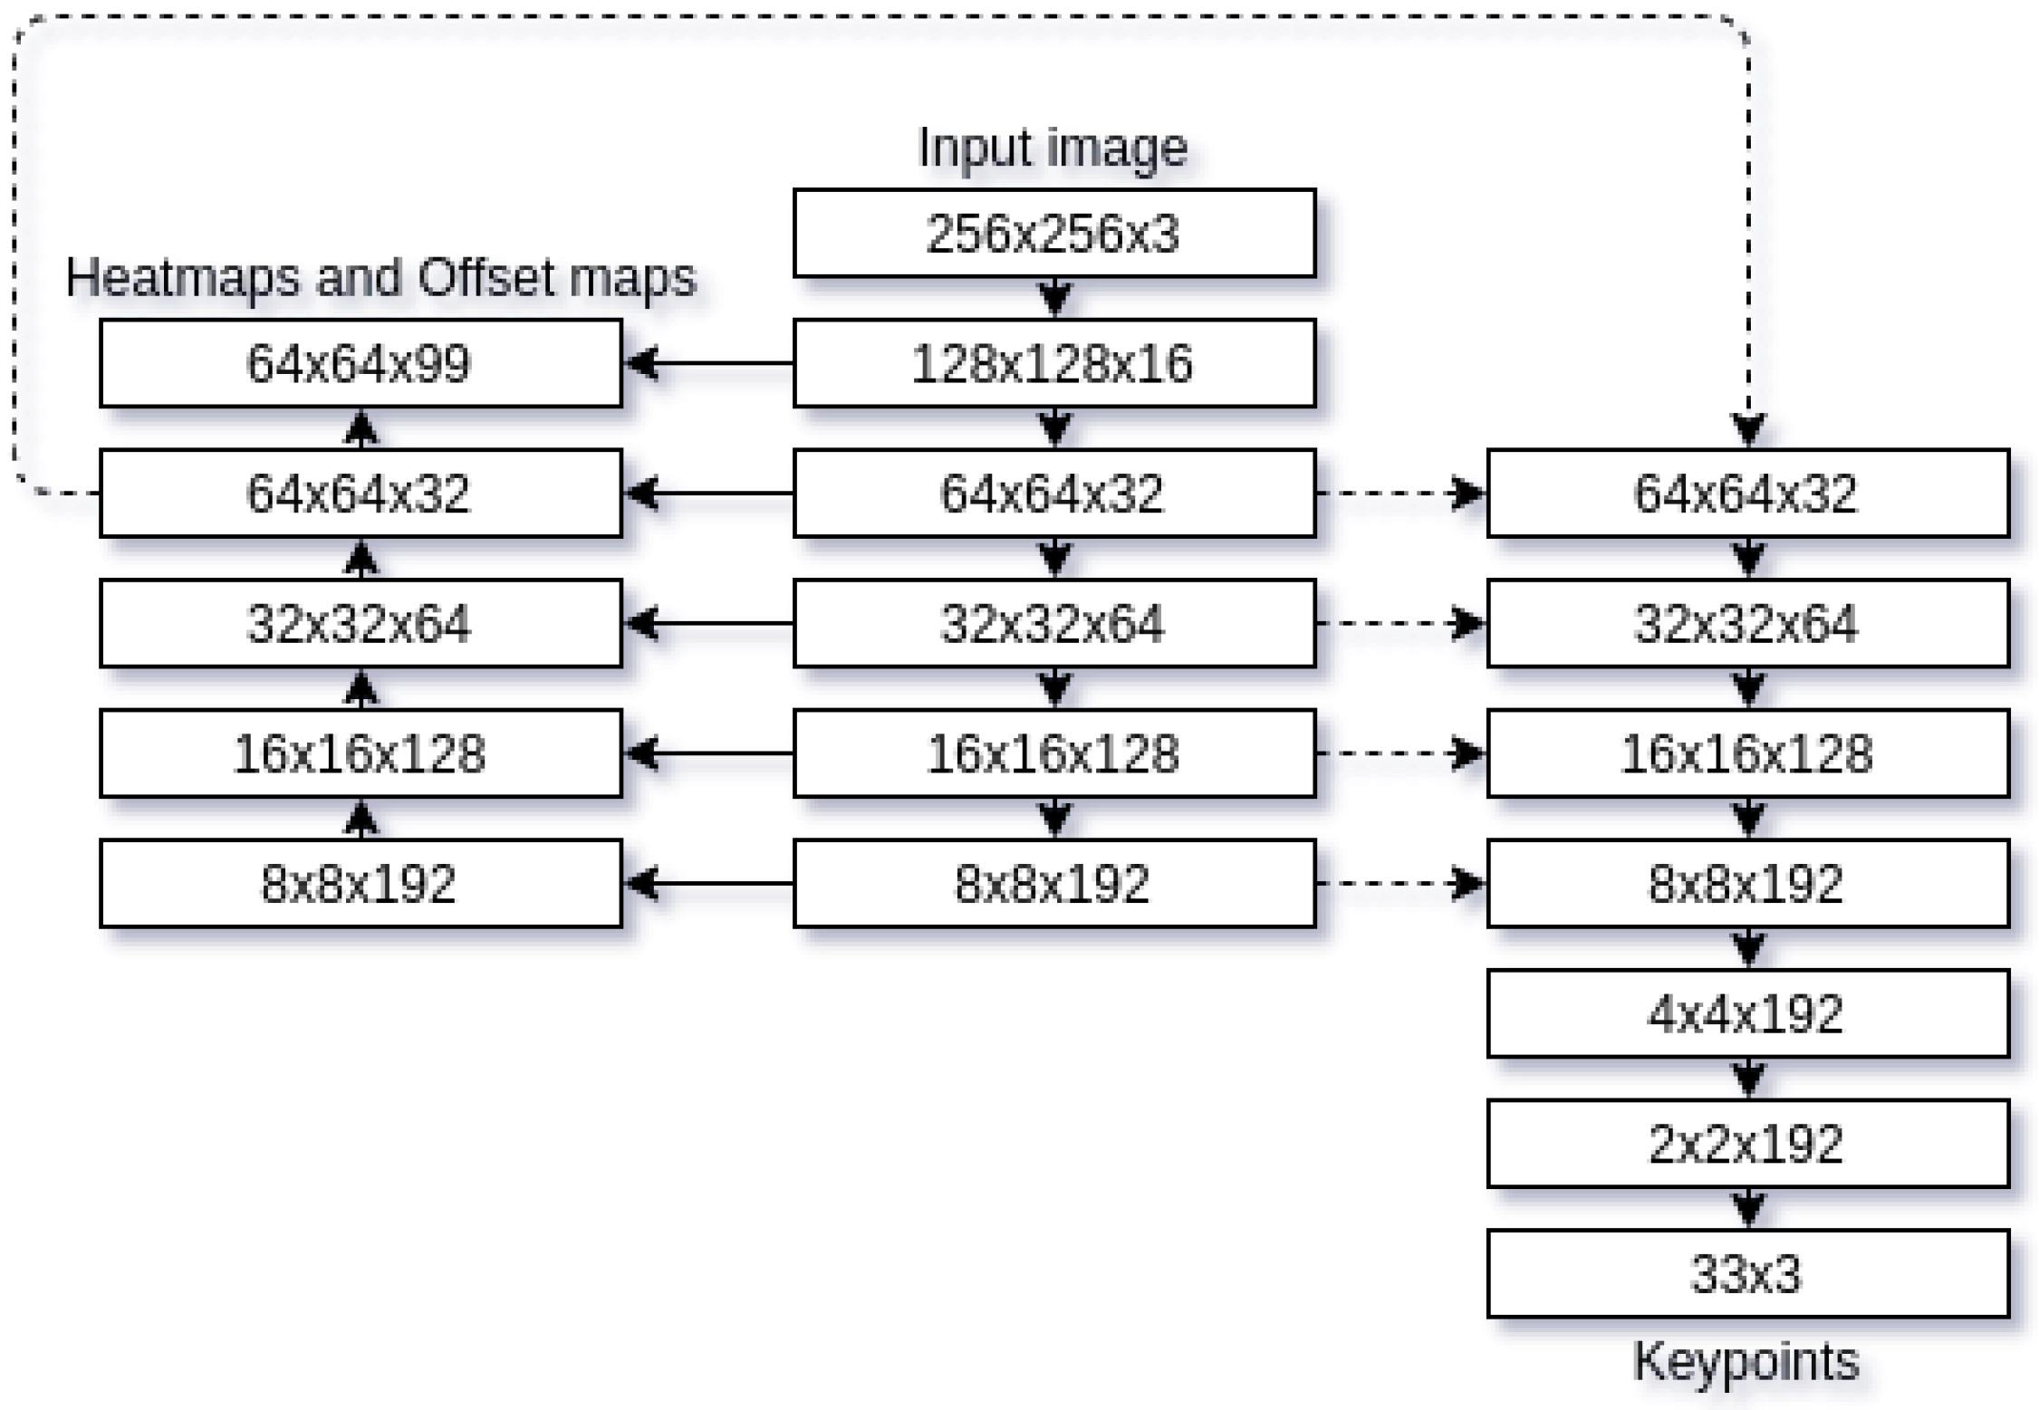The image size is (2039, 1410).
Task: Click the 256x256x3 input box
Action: pyautogui.click(x=1053, y=234)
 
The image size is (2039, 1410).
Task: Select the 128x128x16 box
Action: pyautogui.click(x=1053, y=363)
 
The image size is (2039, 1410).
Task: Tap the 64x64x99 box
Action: pyautogui.click(x=361, y=363)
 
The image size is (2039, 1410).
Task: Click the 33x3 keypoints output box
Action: pyautogui.click(x=1747, y=1273)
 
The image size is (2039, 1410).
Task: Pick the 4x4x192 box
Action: pyautogui.click(x=1747, y=1013)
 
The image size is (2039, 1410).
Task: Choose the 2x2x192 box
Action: pyautogui.click(x=1747, y=1144)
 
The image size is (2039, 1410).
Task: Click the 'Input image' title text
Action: pyautogui.click(x=1053, y=148)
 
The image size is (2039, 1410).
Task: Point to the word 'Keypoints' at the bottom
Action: pyautogui.click(x=1746, y=1361)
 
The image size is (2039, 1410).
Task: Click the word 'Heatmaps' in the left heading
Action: pyautogui.click(x=182, y=277)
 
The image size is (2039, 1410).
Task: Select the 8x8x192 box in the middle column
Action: pyautogui.click(x=1053, y=884)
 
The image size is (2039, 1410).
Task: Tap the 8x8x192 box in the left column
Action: pyautogui.click(x=361, y=884)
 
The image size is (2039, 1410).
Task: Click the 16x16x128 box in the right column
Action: pyautogui.click(x=1747, y=753)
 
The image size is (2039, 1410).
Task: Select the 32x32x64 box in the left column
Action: pyautogui.click(x=361, y=623)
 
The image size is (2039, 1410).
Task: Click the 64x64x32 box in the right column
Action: pyautogui.click(x=1747, y=494)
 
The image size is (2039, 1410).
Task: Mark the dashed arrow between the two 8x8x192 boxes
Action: pyautogui.click(x=1400, y=883)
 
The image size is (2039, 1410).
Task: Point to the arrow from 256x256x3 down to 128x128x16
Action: pyautogui.click(x=1054, y=297)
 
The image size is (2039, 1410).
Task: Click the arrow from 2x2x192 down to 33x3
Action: pyautogui.click(x=1748, y=1208)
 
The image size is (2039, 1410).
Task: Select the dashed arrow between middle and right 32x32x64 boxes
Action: pyautogui.click(x=1400, y=623)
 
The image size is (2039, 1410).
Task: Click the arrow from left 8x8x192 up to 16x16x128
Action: pyautogui.click(x=361, y=819)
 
